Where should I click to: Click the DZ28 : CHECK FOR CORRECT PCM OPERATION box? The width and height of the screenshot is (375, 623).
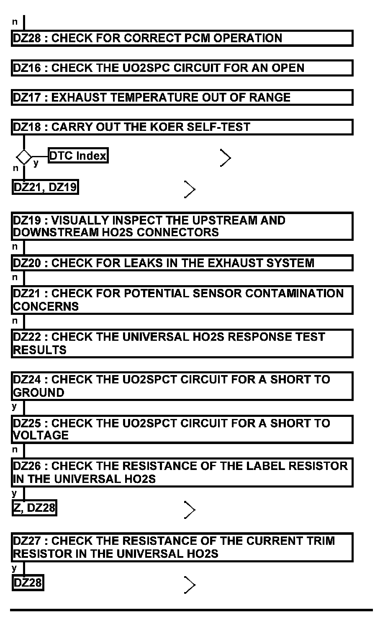tap(182, 38)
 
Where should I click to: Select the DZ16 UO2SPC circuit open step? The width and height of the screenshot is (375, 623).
tap(182, 68)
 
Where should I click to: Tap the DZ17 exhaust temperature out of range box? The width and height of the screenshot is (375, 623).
tap(182, 97)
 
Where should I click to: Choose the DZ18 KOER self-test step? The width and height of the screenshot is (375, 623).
tap(182, 127)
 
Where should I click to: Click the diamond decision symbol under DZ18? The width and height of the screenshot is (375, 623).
tap(24, 158)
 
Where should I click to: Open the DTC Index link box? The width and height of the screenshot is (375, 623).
tap(78, 156)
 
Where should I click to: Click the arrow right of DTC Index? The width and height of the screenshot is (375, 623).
tap(226, 158)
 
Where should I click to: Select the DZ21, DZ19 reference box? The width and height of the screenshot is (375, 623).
tap(45, 187)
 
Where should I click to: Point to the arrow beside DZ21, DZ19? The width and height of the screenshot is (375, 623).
tap(190, 189)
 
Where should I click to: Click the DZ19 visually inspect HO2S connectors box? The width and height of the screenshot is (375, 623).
tap(182, 226)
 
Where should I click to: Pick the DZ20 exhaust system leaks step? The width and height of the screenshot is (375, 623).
tap(182, 263)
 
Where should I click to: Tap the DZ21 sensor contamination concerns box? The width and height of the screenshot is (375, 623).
tap(182, 300)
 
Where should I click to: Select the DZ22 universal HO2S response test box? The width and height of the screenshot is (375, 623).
tap(182, 343)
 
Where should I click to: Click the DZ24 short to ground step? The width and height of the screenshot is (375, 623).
tap(182, 386)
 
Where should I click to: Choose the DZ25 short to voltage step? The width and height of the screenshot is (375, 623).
tap(182, 429)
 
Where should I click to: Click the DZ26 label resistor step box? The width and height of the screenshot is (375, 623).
tap(182, 472)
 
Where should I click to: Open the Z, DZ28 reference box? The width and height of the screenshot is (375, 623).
tap(34, 508)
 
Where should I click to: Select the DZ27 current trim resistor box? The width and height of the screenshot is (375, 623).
tap(182, 547)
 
